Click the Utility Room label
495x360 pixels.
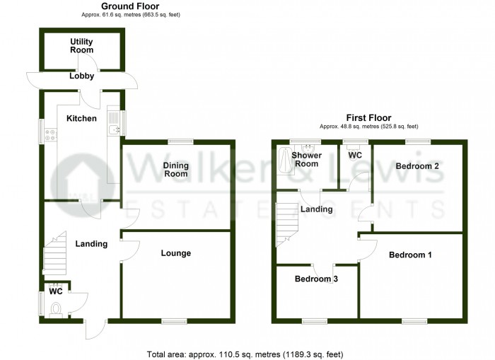click(81, 47)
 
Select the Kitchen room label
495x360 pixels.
click(81, 118)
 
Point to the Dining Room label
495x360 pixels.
click(175, 170)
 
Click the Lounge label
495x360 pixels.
click(176, 252)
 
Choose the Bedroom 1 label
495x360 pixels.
click(410, 255)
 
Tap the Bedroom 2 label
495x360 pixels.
click(417, 166)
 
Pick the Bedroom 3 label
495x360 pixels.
click(316, 279)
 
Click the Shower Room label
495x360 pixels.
click(307, 160)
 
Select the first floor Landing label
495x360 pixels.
click(316, 209)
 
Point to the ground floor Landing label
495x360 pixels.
click(91, 244)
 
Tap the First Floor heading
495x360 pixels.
click(368, 117)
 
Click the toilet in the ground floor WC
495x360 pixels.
click(57, 308)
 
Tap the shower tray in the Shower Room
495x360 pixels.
click(285, 161)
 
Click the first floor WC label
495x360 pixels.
click(355, 155)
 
